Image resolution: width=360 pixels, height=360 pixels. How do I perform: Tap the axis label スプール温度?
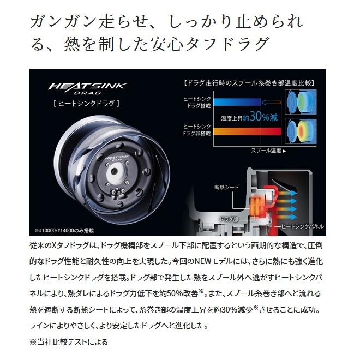point(267,150)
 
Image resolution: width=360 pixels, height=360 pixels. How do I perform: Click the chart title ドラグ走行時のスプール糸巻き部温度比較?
point(250,83)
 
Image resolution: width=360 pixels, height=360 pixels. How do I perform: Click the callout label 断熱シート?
point(226,188)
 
